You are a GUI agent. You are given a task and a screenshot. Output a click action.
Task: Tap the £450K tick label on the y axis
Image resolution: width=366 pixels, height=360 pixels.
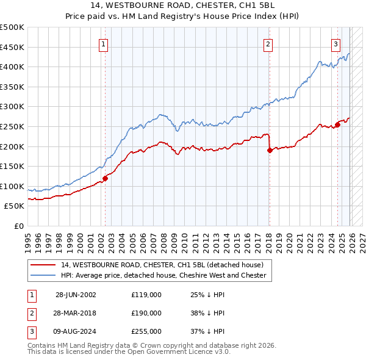click(x=12, y=47)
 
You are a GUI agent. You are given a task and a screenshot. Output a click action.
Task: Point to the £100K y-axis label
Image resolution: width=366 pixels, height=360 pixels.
click(x=12, y=186)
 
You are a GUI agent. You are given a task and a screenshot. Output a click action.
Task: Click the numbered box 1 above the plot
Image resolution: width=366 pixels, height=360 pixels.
click(x=104, y=44)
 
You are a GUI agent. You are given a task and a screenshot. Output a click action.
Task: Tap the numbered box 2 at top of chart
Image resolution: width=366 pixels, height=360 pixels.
click(x=268, y=44)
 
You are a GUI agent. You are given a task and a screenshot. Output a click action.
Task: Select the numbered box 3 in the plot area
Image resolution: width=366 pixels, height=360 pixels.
click(x=335, y=44)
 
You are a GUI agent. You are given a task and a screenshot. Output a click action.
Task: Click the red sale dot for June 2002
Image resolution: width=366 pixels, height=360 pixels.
click(x=105, y=178)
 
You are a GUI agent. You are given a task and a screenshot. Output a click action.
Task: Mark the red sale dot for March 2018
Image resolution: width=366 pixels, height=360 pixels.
click(x=269, y=150)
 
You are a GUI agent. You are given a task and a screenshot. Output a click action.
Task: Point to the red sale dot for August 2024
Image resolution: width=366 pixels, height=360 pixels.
click(x=337, y=124)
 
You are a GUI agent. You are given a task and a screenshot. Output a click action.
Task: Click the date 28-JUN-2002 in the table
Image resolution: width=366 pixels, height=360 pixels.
click(x=76, y=294)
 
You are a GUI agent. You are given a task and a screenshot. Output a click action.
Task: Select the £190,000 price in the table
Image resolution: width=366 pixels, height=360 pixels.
click(x=146, y=313)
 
